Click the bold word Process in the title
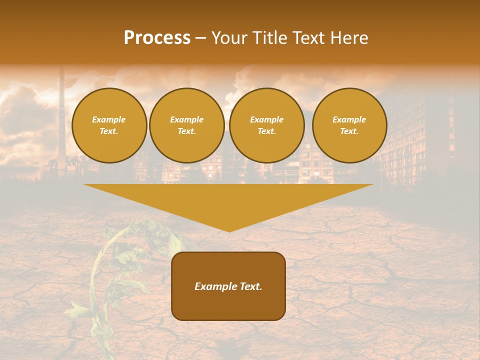157,38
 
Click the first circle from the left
109,125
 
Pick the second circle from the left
186,125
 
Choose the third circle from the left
266,125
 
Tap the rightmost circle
349,125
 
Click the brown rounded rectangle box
228,305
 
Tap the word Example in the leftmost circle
109,119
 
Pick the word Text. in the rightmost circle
349,131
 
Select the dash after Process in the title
200,38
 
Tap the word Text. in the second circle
186,131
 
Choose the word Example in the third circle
266,119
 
